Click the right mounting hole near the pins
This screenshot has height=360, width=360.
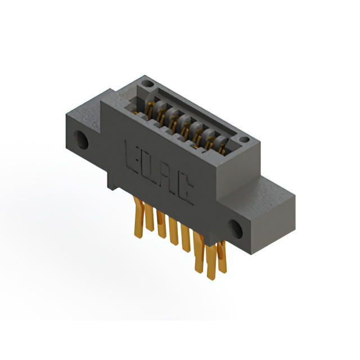[235, 228]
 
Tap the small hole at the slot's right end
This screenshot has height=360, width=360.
[244, 139]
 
